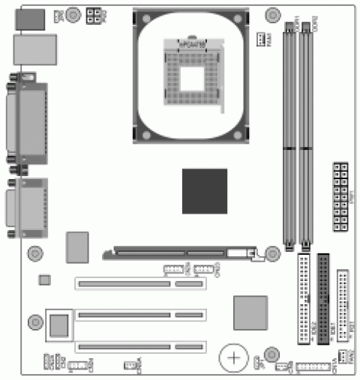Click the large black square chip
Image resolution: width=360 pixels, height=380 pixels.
tap(204, 191)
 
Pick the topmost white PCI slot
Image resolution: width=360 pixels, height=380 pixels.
tap(139, 284)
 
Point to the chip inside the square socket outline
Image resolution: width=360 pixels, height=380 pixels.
tap(59, 325)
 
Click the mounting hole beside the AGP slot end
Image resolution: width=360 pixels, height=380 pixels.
tap(272, 255)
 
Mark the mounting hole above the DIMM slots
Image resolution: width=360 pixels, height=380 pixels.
tap(271, 13)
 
